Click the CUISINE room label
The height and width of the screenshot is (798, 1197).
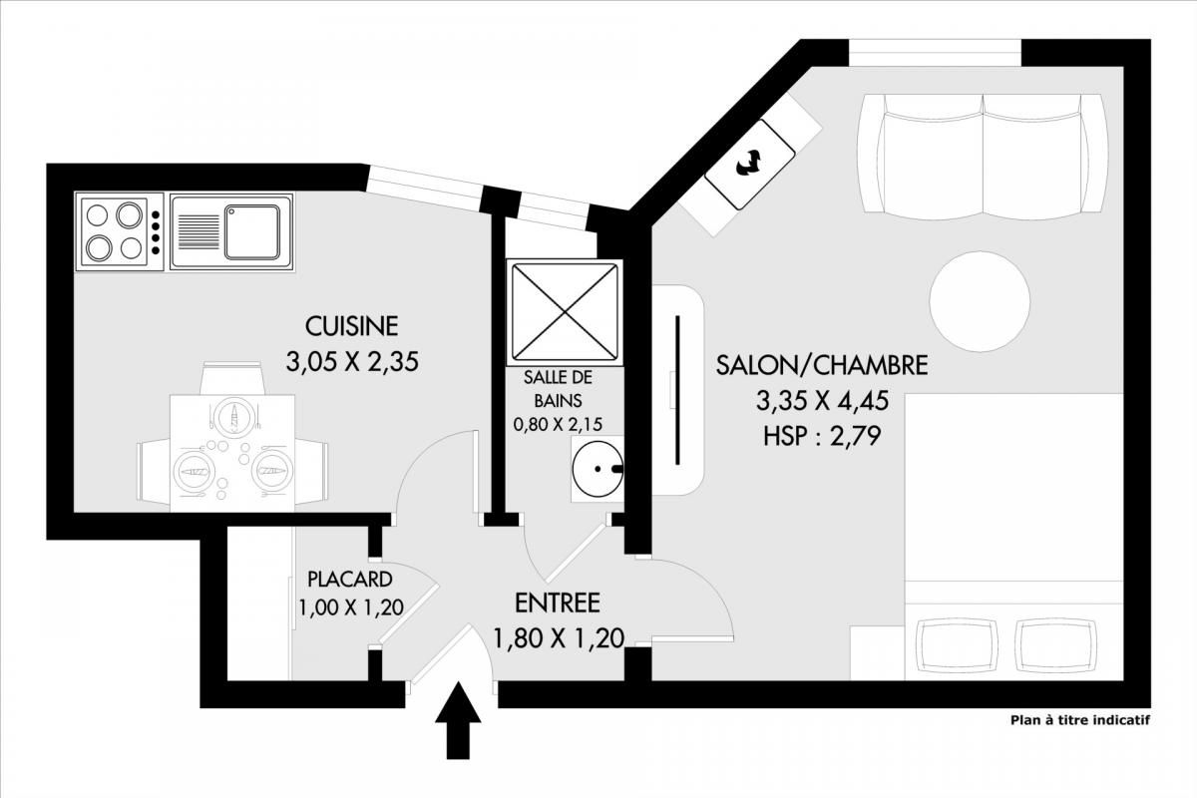pos(351,326)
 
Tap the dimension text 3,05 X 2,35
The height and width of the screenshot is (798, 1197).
pos(352,362)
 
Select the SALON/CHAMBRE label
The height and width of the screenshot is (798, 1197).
pos(821,365)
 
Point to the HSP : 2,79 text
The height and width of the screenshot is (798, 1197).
pos(821,436)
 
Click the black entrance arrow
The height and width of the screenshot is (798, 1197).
pos(458,720)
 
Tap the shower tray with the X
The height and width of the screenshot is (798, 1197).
pos(565,312)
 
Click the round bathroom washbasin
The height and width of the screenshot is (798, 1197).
pos(598,469)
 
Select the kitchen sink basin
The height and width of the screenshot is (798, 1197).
pos(252,232)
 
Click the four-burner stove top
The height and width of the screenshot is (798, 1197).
pos(119,232)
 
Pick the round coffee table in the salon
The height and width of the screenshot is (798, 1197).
pos(980,301)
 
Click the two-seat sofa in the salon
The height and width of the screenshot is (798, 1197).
pos(983,158)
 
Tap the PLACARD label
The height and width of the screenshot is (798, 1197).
pos(350,579)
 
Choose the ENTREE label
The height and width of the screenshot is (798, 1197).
pos(558,602)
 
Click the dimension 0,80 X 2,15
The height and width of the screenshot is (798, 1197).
pos(558,424)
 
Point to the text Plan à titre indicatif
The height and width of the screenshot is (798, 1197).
pos(1080,720)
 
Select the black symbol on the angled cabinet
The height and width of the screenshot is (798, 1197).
pos(750,163)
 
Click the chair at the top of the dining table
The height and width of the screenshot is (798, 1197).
pos(232,378)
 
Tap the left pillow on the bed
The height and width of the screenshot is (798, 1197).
pos(957,645)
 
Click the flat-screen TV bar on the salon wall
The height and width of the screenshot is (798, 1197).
pos(677,390)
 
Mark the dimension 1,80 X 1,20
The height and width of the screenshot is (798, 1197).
pos(558,638)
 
